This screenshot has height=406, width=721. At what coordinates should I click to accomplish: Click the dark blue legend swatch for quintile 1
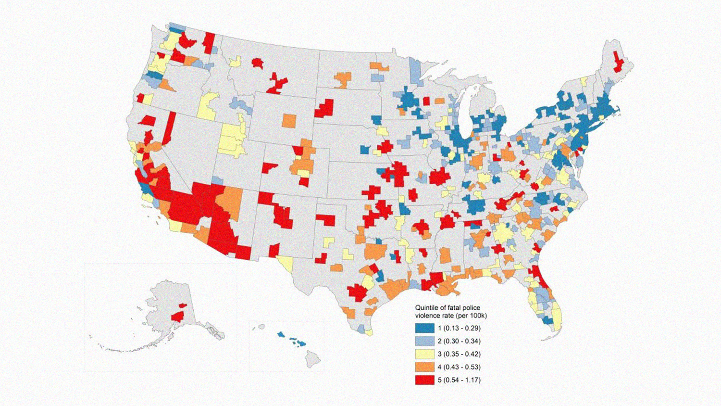click(425, 328)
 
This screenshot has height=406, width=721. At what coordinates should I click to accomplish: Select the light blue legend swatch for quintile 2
click(425, 341)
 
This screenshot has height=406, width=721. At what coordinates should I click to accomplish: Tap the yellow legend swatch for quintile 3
click(425, 354)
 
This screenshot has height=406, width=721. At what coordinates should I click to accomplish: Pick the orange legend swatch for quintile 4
click(425, 367)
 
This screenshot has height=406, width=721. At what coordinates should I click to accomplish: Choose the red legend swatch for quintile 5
click(425, 380)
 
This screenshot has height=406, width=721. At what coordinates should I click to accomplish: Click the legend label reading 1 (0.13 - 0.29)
click(459, 328)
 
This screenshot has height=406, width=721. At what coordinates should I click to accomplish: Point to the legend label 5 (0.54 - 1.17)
click(459, 380)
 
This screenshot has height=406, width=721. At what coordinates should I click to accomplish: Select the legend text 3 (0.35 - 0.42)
click(459, 354)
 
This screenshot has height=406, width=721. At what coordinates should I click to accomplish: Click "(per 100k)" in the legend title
click(471, 316)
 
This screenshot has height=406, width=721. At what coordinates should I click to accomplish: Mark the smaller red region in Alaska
click(183, 305)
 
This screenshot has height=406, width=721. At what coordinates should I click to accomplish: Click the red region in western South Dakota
click(325, 109)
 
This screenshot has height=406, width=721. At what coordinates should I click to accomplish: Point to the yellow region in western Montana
click(235, 62)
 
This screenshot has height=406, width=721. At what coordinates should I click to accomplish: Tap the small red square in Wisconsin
click(426, 101)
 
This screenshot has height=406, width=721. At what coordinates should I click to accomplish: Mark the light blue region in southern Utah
click(217, 180)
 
